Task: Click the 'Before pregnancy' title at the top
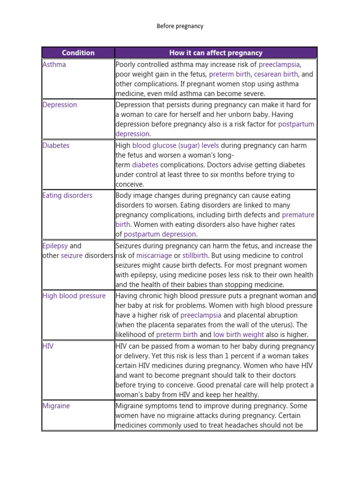[x=180, y=26]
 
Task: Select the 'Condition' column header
[x=78, y=53]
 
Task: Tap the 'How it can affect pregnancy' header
[x=216, y=53]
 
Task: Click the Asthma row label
[x=54, y=65]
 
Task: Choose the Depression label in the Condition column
[x=60, y=105]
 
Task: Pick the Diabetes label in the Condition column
[x=56, y=145]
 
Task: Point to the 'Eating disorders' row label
[x=68, y=195]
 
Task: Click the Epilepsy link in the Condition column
[x=55, y=246]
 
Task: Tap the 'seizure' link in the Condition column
[x=72, y=255]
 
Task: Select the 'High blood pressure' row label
[x=74, y=296]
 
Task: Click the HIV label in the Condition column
[x=48, y=346]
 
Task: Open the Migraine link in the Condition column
[x=56, y=406]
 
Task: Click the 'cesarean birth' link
[x=276, y=75]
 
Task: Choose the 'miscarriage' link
[x=154, y=255]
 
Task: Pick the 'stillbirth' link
[x=195, y=255]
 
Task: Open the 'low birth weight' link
[x=239, y=335]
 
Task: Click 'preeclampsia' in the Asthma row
[x=279, y=65]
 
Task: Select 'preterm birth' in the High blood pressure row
[x=177, y=335]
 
